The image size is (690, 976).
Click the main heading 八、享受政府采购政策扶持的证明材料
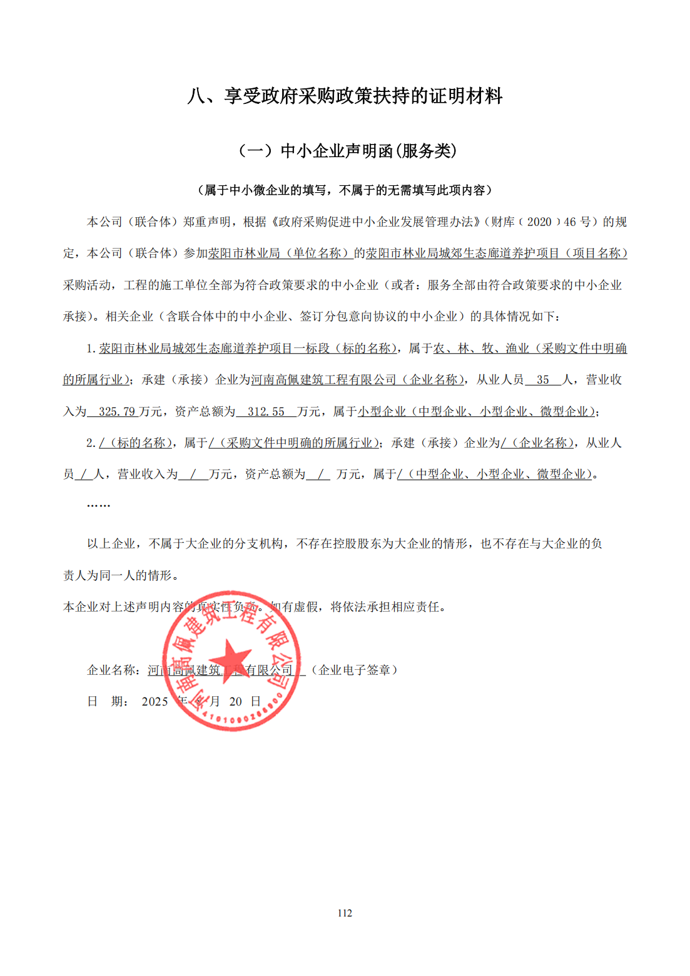coord(345,96)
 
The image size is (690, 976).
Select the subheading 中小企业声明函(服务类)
coord(348,151)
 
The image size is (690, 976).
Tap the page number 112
coord(345,913)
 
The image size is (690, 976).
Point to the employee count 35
coord(542,380)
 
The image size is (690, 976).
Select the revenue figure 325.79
coord(116,412)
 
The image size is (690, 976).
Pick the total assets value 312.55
coord(266,412)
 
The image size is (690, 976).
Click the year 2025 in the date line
coord(155,702)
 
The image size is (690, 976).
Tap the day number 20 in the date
coord(235,702)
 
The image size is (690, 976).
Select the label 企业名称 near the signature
coord(111,670)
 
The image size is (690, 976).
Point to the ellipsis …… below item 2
coord(98,505)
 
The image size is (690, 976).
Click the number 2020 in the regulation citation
coord(539,222)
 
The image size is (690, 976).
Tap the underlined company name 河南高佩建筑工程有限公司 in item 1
coord(324,380)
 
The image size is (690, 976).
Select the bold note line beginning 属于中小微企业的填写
coord(345,190)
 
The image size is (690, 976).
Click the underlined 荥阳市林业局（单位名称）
coord(280,254)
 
